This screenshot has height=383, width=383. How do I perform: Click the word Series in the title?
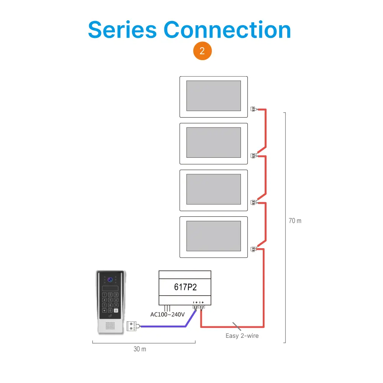click(122, 30)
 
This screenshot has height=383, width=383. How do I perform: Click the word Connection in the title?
click(228, 30)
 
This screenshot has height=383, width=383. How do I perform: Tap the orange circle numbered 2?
click(202, 52)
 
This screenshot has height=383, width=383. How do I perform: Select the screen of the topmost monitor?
click(213, 96)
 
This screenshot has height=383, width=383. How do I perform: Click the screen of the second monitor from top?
click(213, 142)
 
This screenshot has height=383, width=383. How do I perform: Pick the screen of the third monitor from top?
click(213, 189)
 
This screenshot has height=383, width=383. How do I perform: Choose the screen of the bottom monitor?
click(213, 236)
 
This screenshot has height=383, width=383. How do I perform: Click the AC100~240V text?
click(167, 314)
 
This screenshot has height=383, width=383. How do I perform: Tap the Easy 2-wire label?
click(242, 336)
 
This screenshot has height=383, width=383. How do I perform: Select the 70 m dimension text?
click(295, 221)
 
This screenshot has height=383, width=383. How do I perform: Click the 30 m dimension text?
click(140, 349)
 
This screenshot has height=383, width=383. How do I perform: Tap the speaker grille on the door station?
click(110, 326)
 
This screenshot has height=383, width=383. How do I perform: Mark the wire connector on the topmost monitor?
click(253, 109)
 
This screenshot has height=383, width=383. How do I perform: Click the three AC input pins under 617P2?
click(167, 308)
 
